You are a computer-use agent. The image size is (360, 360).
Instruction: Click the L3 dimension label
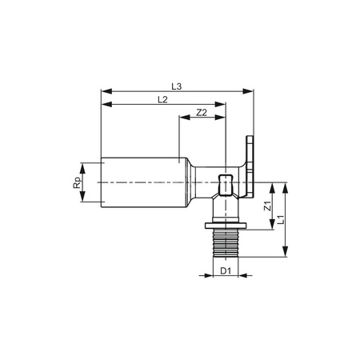click(179, 85)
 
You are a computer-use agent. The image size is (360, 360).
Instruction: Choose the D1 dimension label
click(226, 271)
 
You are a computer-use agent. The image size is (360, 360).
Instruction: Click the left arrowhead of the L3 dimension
click(104, 92)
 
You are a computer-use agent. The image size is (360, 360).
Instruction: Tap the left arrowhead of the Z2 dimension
click(181, 121)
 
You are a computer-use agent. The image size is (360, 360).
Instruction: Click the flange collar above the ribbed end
click(225, 225)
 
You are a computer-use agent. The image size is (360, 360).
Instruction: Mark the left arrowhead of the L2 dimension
click(104, 106)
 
